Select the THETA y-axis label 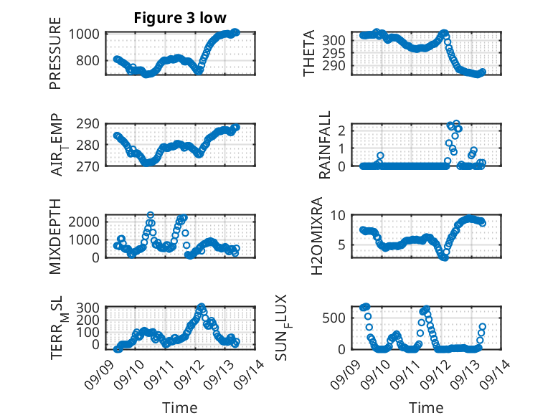point(308,54)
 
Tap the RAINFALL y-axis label point(325,145)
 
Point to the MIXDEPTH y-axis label point(55,235)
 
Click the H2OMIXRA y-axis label point(325,235)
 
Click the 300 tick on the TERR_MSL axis point(90,308)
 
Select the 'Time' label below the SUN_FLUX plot point(426,407)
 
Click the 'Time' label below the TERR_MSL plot point(180,407)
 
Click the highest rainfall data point point(456,124)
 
